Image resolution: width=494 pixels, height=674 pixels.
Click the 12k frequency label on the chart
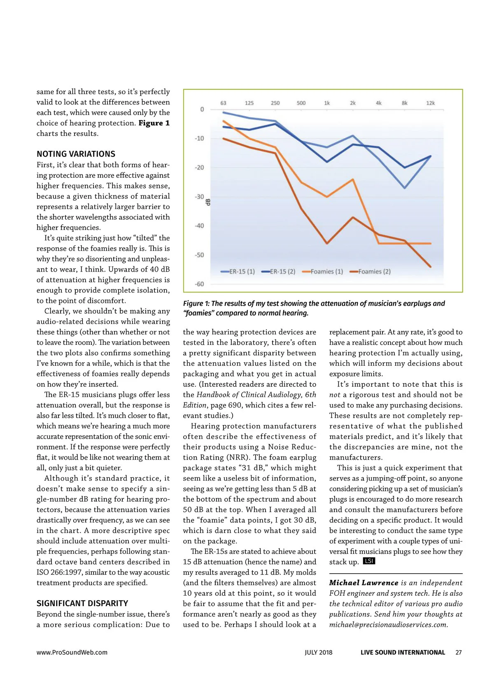coord(430,103)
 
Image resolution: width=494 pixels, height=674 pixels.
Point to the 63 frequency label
coord(223,103)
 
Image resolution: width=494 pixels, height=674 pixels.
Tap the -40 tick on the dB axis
coord(199,225)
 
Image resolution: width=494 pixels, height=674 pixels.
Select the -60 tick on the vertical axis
coord(199,284)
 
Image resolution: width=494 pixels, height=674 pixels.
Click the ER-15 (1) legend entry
coord(238,272)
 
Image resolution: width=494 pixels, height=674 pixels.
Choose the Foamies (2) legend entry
coord(370,272)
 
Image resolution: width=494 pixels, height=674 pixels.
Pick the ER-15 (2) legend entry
coord(279,272)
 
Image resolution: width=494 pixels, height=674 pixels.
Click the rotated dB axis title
coord(208,202)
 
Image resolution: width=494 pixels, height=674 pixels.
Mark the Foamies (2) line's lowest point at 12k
coord(431,267)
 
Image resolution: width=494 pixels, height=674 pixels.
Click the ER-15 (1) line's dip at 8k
coord(405,188)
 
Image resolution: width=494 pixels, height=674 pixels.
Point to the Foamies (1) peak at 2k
coord(353,179)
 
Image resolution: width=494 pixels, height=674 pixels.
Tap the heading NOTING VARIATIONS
coord(76,154)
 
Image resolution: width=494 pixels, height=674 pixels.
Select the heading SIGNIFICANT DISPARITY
coord(82,603)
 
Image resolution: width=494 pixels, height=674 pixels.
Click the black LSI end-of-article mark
coord(369,561)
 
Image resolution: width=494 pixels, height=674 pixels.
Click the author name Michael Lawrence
coord(364,583)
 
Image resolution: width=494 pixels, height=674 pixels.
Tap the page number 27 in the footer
coord(459,652)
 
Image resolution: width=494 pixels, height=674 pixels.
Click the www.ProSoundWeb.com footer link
coord(72,652)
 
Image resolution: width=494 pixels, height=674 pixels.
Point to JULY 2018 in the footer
coord(318,652)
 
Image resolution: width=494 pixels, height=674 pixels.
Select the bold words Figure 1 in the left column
coord(154,123)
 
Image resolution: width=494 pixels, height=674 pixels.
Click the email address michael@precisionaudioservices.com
coord(388,625)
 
